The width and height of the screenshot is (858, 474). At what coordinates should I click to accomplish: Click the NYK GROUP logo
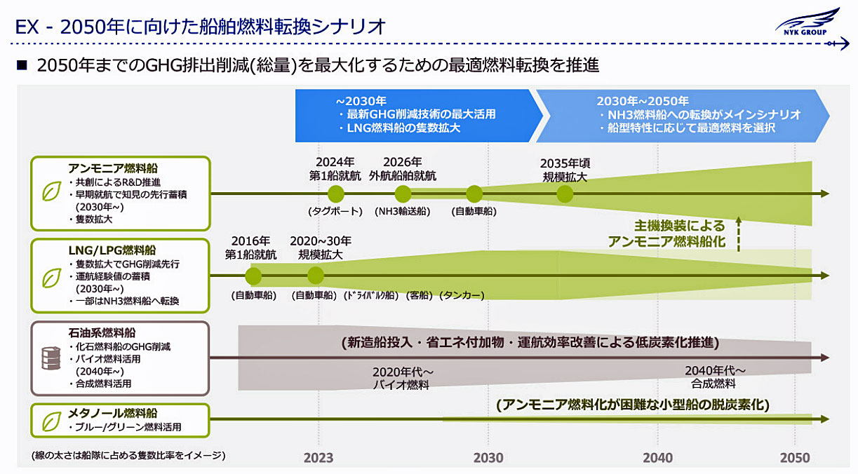pyautogui.click(x=807, y=23)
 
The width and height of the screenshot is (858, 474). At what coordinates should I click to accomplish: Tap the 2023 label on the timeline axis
pyautogui.click(x=319, y=458)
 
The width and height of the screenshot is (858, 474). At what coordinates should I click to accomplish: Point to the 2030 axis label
pyautogui.click(x=488, y=458)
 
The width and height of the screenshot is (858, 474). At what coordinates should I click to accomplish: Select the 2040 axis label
pyautogui.click(x=657, y=458)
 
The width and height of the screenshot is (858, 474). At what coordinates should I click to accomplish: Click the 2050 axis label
pyautogui.click(x=795, y=458)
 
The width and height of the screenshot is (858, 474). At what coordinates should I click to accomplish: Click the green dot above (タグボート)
pyautogui.click(x=336, y=194)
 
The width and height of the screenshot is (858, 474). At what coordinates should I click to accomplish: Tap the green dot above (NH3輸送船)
pyautogui.click(x=403, y=194)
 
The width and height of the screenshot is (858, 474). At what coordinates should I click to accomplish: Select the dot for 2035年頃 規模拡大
pyautogui.click(x=565, y=194)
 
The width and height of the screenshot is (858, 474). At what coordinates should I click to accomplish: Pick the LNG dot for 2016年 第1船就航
pyautogui.click(x=253, y=276)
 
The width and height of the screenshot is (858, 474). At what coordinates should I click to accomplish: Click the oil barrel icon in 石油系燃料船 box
pyautogui.click(x=51, y=358)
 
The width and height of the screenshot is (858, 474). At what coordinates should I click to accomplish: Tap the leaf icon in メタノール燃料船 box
pyautogui.click(x=51, y=421)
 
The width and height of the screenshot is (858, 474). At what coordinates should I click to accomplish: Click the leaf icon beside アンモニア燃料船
pyautogui.click(x=51, y=191)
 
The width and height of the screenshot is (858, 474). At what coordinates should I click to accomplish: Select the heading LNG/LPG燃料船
pyautogui.click(x=112, y=250)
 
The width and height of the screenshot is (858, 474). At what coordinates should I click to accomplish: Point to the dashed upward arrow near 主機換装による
pyautogui.click(x=739, y=234)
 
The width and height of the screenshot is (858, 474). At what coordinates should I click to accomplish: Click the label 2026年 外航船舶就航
pyautogui.click(x=403, y=169)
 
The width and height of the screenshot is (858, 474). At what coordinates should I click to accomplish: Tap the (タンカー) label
pyautogui.click(x=462, y=295)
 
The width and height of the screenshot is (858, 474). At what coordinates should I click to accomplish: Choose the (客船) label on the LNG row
pyautogui.click(x=420, y=295)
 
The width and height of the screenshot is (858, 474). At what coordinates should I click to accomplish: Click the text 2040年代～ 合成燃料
pyautogui.click(x=715, y=377)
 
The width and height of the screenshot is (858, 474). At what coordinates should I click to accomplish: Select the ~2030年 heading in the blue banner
pyautogui.click(x=361, y=101)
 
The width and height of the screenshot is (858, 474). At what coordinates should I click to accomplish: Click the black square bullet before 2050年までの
pyautogui.click(x=22, y=65)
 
